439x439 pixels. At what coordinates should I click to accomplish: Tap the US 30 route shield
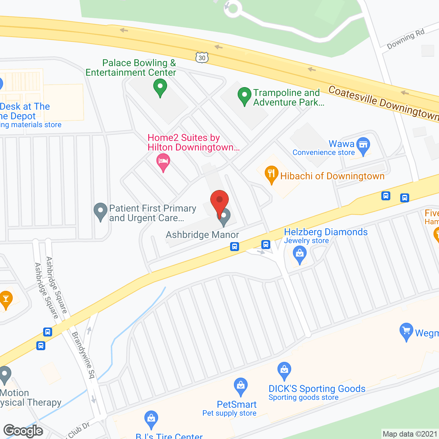tap(202, 58)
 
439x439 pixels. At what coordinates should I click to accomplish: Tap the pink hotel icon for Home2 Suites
tap(163, 162)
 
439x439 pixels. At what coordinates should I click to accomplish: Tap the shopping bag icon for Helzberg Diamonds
tap(300, 255)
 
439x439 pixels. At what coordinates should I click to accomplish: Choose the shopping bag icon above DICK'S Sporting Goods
tap(284, 370)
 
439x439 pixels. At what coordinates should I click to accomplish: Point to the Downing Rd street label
tap(406, 39)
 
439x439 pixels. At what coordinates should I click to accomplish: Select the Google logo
tap(23, 431)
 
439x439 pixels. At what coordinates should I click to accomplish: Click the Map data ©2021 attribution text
tap(410, 434)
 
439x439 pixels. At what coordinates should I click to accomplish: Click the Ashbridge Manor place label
tap(202, 235)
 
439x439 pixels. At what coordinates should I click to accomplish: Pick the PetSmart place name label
tap(237, 405)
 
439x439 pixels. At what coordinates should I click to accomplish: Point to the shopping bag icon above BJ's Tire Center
tap(151, 419)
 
